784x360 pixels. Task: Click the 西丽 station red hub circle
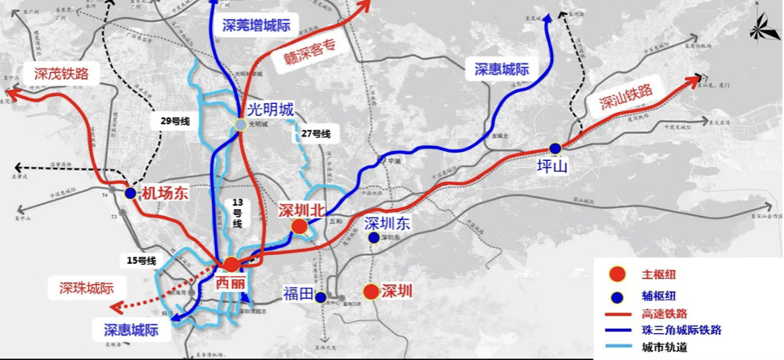pos(230,264)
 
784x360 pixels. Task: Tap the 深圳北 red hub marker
pos(300,226)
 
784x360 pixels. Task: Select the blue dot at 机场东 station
pos(130,194)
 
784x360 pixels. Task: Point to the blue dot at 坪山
pos(554,148)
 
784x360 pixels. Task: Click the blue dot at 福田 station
pos(321,297)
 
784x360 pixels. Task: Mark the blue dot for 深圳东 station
pos(373,238)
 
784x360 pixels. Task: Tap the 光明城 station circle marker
pos(240,124)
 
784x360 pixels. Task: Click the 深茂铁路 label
pos(62,74)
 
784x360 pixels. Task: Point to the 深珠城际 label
pos(86,288)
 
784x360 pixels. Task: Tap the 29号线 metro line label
pos(175,121)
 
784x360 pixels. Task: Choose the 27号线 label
pos(316,134)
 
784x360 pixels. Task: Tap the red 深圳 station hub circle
pos(371,291)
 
